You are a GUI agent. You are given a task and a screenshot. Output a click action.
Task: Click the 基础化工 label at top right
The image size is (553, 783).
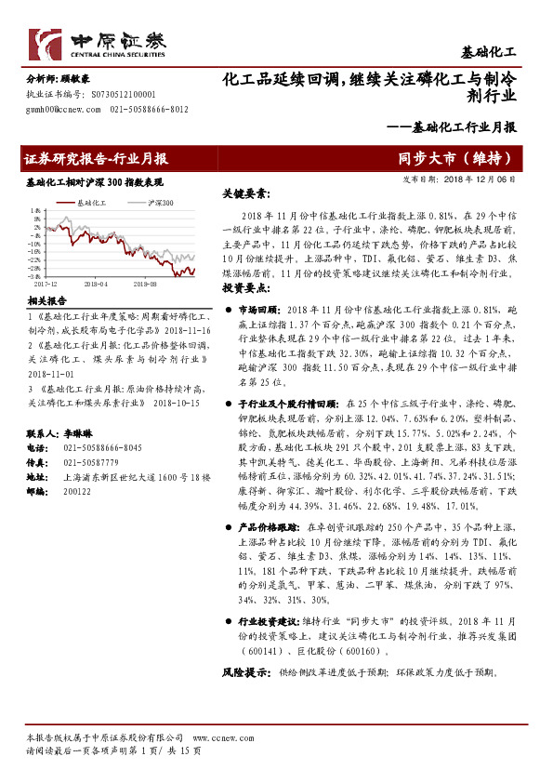point(502,52)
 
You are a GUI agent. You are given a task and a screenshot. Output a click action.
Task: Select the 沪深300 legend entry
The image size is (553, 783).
point(160,202)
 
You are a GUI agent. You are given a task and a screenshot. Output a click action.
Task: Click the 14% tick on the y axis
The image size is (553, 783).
point(33,209)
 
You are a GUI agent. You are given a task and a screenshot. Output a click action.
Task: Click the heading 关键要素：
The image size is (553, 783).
point(246,194)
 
